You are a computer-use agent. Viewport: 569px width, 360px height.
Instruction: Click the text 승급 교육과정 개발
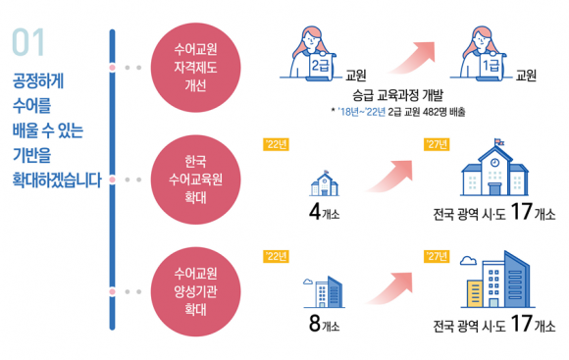point(397,95)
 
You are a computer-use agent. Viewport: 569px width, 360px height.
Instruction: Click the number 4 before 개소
point(315,212)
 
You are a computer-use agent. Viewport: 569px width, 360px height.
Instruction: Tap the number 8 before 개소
point(315,323)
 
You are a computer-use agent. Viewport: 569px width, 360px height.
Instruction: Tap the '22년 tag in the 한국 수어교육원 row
point(276,145)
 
